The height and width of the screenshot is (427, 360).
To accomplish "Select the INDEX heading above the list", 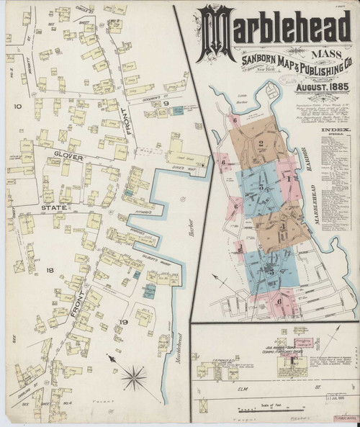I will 334,131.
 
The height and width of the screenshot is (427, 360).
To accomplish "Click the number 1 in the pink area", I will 287,175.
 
